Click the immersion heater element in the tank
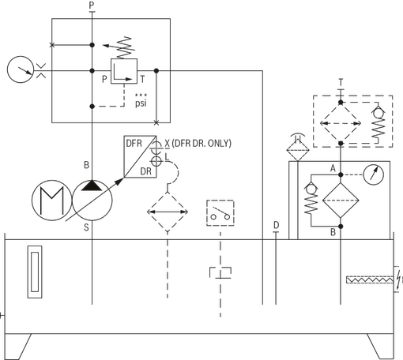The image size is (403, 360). (370, 279)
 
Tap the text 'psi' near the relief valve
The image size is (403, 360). (141, 103)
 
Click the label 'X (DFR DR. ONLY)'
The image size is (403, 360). (198, 144)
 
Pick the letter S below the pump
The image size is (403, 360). (86, 227)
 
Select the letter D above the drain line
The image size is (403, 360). (276, 225)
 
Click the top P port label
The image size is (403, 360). (92, 6)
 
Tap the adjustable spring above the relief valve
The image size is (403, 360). (124, 47)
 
